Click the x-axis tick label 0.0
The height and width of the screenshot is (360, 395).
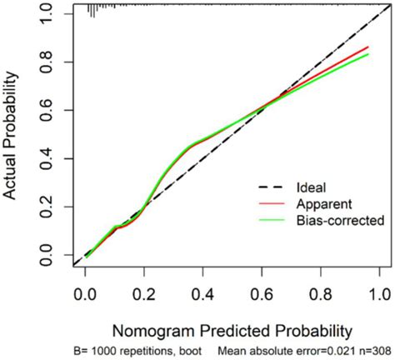coord(84,293)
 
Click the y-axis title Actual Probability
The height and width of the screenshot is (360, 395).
coord(14,133)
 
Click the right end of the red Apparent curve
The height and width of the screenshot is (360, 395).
coord(368,47)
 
